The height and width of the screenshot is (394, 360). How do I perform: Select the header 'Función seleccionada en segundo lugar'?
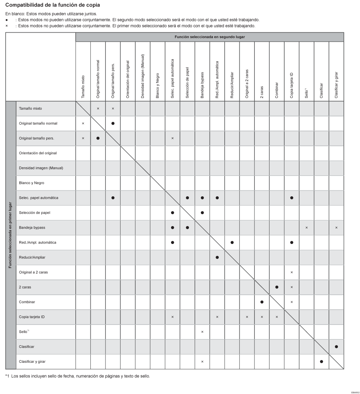210,37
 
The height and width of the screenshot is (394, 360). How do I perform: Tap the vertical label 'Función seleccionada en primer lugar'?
11,235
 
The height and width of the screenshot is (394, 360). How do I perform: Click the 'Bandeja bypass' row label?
32,227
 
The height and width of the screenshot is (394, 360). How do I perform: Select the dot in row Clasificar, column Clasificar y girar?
337,346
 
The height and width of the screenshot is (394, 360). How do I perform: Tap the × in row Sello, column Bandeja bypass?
202,332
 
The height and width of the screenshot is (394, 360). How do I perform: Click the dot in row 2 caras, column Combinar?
277,287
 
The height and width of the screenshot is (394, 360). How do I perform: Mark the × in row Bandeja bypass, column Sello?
307,227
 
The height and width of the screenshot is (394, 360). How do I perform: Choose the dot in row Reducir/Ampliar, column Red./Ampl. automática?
217,257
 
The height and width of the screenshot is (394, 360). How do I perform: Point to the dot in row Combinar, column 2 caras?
262,302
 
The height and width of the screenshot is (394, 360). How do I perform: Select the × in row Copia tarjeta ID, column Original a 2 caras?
247,317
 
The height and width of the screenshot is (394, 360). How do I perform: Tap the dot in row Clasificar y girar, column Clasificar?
321,361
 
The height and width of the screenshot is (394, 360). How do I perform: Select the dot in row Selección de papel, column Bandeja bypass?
202,212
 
